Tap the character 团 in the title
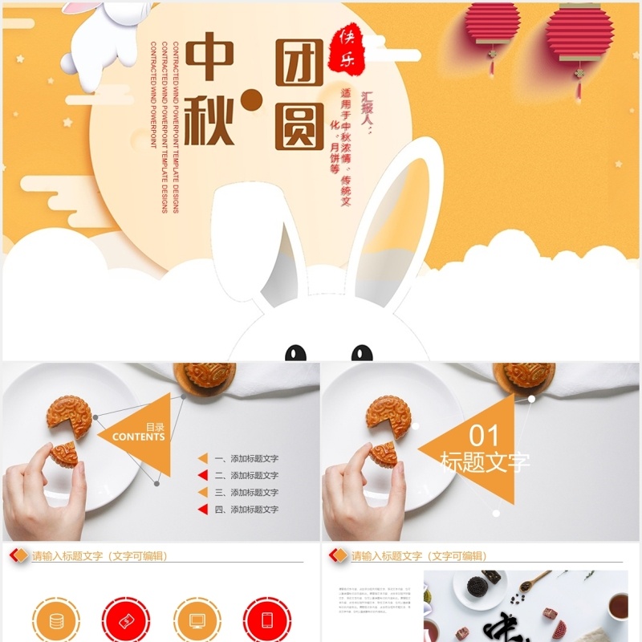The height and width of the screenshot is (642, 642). coord(299,61)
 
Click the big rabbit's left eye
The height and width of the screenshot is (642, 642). coord(296,353)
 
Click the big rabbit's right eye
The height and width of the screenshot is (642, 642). coord(362,353)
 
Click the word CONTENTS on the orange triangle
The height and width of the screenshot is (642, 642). coord(139,437)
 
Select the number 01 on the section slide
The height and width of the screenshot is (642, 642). coord(484,436)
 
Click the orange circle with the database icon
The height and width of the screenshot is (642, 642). coord(56,620)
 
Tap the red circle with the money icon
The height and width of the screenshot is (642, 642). coord(126,620)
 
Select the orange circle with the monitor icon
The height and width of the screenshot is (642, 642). coord(197,620)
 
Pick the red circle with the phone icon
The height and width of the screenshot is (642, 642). coord(267,620)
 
